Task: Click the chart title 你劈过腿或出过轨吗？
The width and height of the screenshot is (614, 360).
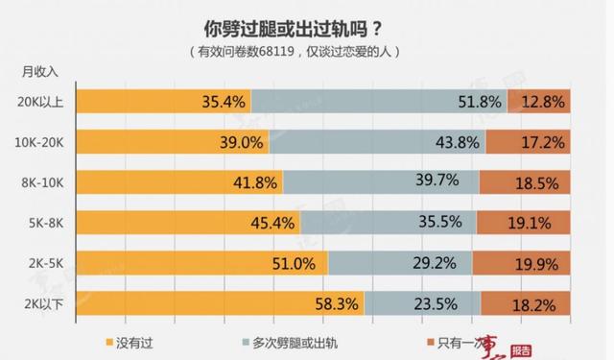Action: click(304, 26)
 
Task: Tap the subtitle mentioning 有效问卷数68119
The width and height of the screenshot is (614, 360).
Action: click(304, 50)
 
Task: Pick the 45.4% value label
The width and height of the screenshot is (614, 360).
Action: click(272, 223)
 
